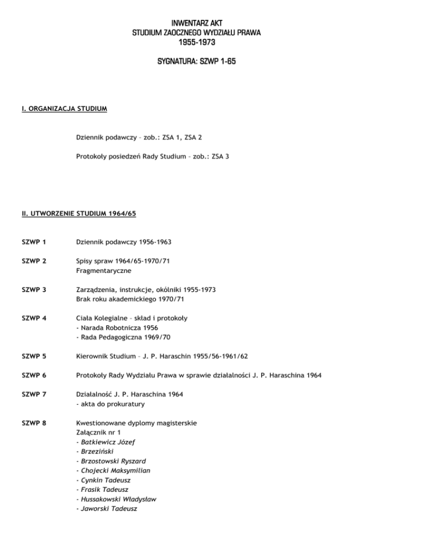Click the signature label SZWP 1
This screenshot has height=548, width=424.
click(30, 241)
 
